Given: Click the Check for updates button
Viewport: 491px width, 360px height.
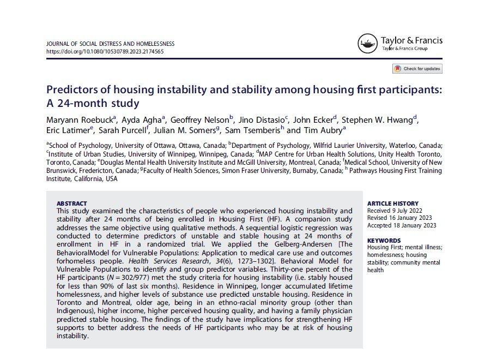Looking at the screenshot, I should [x=417, y=69].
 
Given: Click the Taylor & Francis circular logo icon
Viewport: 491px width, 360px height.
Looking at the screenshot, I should [x=368, y=44].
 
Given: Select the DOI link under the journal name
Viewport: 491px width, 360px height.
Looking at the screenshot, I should [x=105, y=52].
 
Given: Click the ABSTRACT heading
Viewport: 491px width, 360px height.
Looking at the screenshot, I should [x=71, y=203].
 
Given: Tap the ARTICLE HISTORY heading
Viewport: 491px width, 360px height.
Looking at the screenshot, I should [x=393, y=203].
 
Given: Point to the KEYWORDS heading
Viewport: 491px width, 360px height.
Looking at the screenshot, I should [x=385, y=241].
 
